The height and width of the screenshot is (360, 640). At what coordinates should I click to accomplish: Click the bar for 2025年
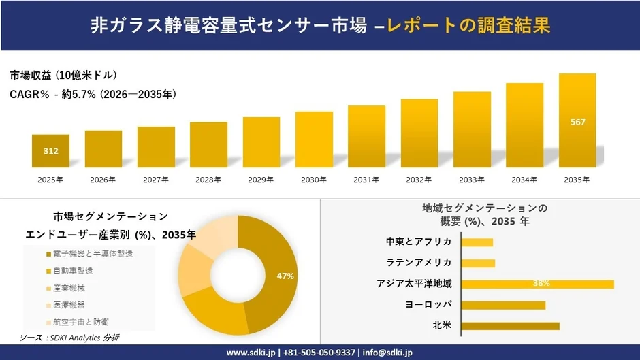pos(50,151)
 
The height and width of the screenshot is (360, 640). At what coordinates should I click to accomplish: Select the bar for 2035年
pos(577,120)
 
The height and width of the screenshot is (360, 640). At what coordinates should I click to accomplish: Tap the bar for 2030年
pos(314,140)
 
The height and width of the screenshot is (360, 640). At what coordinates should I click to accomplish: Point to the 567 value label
pos(577,122)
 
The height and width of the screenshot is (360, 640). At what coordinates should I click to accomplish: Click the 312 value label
pos(50,151)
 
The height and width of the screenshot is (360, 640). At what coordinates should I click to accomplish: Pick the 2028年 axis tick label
pos(208,180)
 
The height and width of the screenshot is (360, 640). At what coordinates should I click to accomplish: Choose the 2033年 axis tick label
pos(472,180)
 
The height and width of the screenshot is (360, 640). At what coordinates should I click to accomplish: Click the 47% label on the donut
pos(285,276)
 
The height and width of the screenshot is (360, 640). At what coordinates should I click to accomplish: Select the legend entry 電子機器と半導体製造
pos(89,254)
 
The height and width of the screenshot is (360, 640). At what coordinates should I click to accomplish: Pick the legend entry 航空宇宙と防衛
pos(79,321)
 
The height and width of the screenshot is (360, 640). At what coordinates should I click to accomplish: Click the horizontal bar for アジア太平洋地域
pos(537,284)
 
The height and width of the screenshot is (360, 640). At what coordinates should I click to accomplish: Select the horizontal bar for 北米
pos(510,326)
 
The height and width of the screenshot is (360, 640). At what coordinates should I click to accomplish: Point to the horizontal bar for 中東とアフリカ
pos(477,242)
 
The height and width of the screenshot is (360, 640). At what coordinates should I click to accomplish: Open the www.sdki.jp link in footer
pos(250,353)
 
